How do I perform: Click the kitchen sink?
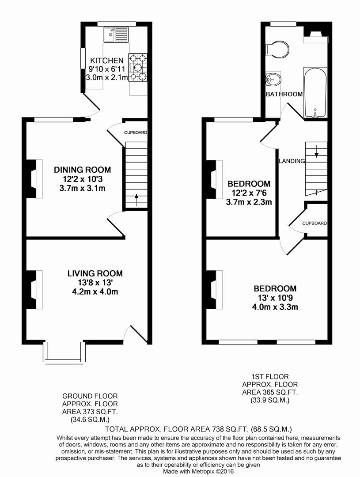[115, 33]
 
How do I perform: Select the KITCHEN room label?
[107, 61]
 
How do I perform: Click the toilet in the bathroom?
[278, 49]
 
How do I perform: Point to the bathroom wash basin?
[273, 80]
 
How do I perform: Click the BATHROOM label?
[284, 94]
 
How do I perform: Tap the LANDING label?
[292, 161]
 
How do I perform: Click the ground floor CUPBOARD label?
[135, 132]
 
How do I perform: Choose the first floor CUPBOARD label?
[315, 223]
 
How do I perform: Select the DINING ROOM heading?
[82, 170]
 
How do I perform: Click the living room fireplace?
[34, 289]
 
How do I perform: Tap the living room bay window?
[64, 352]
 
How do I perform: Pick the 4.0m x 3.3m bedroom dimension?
[275, 307]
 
